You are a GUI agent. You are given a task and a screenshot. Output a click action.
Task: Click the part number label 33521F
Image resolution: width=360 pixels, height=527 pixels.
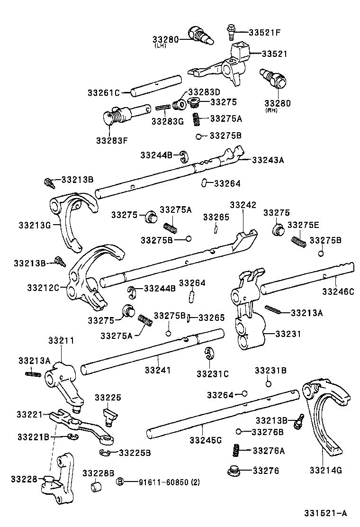(x=265, y=32)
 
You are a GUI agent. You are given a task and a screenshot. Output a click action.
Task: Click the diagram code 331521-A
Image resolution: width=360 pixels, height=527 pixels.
(x=326, y=513)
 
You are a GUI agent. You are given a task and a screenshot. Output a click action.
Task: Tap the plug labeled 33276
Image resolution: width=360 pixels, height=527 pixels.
(x=234, y=471)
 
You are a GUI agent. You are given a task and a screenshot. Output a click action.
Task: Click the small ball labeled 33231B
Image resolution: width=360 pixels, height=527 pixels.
(x=268, y=384)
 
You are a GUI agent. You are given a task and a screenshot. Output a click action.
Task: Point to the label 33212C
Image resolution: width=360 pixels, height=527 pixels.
(x=43, y=288)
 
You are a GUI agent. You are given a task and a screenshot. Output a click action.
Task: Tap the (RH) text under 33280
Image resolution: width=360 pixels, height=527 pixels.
(x=272, y=110)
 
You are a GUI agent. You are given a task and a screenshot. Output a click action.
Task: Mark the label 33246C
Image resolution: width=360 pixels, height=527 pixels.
(x=338, y=291)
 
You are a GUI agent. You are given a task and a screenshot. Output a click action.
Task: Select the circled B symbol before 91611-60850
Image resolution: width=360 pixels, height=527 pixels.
(x=120, y=482)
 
